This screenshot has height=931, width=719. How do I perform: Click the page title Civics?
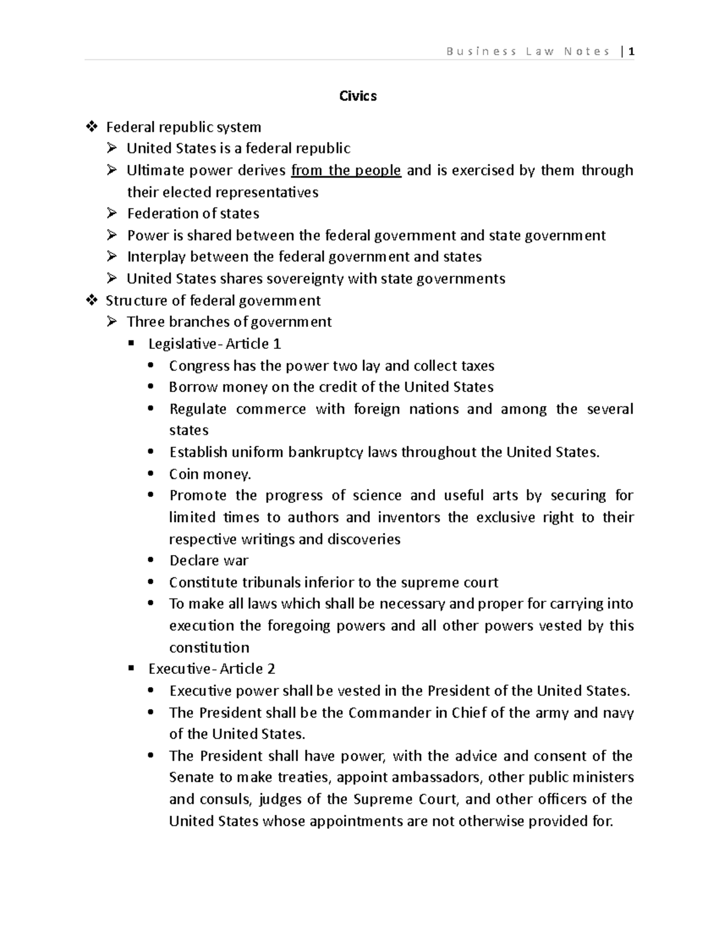click(358, 96)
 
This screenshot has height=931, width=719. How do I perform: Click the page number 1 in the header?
click(631, 52)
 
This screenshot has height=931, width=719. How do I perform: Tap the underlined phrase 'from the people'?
click(346, 170)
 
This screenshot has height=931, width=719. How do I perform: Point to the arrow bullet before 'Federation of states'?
click(112, 213)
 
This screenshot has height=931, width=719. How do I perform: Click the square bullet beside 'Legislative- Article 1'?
click(132, 344)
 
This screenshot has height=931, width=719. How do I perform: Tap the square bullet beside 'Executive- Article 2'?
click(132, 669)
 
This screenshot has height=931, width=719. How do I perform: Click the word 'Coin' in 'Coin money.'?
click(183, 474)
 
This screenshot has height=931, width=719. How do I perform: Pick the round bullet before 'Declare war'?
click(150, 561)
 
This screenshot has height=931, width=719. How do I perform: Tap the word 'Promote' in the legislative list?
click(198, 496)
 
